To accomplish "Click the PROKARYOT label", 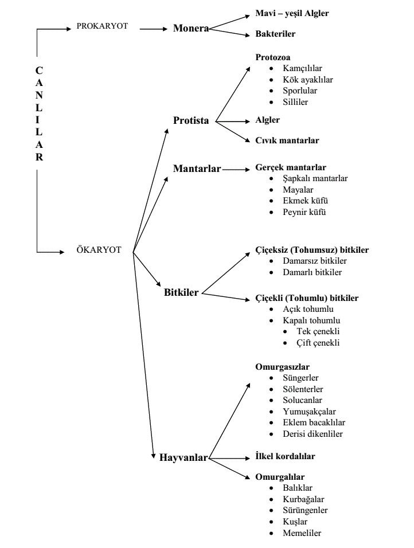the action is (x=102, y=26).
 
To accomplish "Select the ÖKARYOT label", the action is (x=99, y=249).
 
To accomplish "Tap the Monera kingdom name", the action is (x=191, y=28).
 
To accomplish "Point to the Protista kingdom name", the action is (x=191, y=120).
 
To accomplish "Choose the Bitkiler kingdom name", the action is (x=181, y=292).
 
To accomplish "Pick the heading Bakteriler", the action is (x=275, y=34).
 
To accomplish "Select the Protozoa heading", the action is (x=273, y=57).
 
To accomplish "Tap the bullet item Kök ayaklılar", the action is (x=308, y=80).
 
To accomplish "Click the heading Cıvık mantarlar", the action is (x=287, y=140).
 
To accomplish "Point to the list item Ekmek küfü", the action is (x=305, y=201).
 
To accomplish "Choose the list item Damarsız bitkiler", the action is (x=315, y=261).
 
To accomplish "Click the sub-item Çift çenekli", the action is (x=318, y=343).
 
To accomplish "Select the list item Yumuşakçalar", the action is (x=309, y=412).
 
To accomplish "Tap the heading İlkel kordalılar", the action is (x=285, y=456).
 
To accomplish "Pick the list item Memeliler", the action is (x=302, y=533).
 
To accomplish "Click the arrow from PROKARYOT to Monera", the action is (x=154, y=29).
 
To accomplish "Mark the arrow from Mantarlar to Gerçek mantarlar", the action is (x=236, y=170).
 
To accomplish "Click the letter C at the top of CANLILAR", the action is (x=39, y=71).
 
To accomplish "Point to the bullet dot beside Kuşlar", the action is (x=271, y=522).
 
